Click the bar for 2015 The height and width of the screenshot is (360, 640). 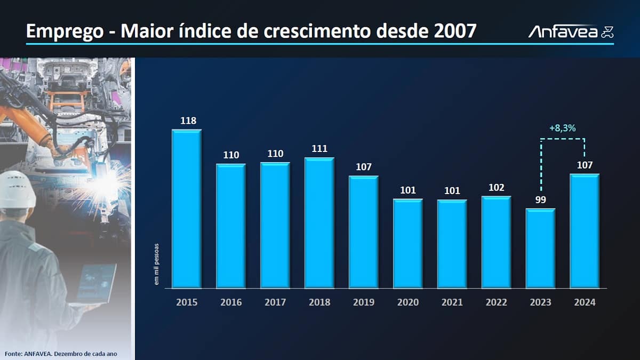point(186,209)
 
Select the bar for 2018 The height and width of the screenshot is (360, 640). point(319,222)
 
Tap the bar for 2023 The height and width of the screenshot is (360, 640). point(540,248)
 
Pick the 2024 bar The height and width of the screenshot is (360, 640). point(585,230)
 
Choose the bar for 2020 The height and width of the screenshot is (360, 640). point(408,243)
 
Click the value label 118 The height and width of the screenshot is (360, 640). point(188,121)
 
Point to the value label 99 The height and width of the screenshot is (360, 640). point(540,199)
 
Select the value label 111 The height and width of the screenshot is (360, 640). point(319,149)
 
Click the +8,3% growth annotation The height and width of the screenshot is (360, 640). point(563,128)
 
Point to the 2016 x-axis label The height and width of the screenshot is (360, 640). point(231,302)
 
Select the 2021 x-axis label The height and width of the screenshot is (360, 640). point(452,302)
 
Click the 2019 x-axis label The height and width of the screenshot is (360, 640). point(364,302)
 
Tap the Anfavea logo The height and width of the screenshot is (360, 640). point(571,31)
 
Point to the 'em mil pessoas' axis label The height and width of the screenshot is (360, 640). point(157,264)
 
